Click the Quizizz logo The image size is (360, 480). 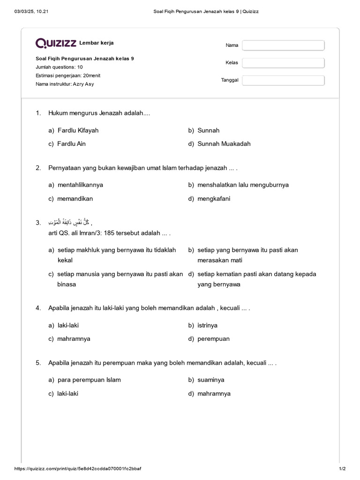pos(56,44)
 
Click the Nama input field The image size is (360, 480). pos(283,45)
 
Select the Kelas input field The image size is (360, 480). pos(283,63)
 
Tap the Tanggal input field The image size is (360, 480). pos(283,80)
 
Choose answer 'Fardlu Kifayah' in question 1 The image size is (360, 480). pos(78,130)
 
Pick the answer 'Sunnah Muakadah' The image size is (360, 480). pos(224,144)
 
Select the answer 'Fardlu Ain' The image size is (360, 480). pos(71,144)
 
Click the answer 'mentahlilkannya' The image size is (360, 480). pos(80,185)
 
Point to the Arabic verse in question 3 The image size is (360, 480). pos(70,222)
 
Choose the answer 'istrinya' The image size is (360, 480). pos(207,325)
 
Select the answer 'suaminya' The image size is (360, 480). pos(210,380)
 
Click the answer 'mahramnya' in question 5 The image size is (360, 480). pos(214,394)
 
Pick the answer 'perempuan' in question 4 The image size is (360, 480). pos(213,339)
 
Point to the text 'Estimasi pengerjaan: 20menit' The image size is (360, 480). pos(67,75)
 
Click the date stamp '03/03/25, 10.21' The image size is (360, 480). pos(32,11)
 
